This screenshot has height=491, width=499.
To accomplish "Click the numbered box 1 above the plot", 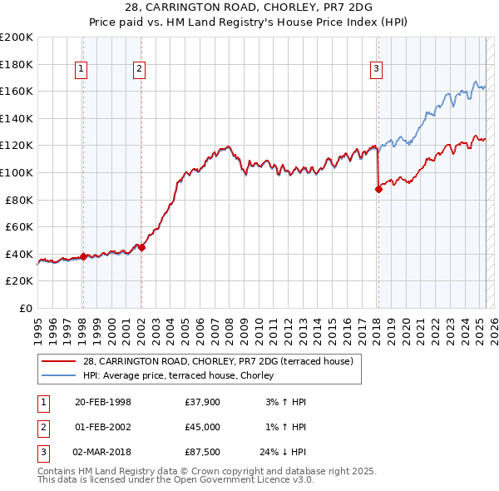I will pos(82,69).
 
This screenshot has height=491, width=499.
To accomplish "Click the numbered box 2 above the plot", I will pos(139,69).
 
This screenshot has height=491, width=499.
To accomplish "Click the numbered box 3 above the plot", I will pos(376,69).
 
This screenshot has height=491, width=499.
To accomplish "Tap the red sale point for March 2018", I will pos(378,189).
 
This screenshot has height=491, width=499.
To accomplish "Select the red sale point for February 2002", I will pos(141,247).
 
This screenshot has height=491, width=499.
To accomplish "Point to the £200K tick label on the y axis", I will pos(17,37).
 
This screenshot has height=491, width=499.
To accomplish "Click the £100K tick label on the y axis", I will pos(17,172).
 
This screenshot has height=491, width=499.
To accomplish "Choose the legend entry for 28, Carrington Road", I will pos(218,361).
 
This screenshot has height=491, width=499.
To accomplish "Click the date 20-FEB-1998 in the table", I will pos(103,402).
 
